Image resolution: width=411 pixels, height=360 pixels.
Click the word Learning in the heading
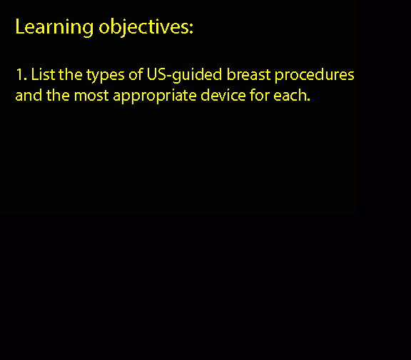point(54,27)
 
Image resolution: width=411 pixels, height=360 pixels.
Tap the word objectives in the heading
point(143,27)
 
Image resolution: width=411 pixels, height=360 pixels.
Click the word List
point(43,74)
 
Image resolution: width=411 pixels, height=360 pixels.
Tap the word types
point(106,76)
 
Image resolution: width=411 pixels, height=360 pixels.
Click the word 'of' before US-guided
point(136,74)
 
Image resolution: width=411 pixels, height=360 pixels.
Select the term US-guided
point(184,75)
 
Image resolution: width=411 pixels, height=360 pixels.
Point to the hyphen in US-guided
point(169,76)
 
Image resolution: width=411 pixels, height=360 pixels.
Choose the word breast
point(248,74)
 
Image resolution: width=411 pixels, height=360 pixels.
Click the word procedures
point(314,75)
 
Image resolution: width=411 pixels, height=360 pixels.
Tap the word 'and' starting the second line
point(29,95)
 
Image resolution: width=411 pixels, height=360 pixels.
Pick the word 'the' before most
point(59,95)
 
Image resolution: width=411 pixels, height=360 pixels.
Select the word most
point(91,96)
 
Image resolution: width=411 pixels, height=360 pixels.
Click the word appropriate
point(155,96)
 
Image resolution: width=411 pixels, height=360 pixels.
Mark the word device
point(223,95)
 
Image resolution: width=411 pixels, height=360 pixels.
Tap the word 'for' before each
point(260,95)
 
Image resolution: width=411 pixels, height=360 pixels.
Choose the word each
point(289,95)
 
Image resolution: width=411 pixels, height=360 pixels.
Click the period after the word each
point(308,100)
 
